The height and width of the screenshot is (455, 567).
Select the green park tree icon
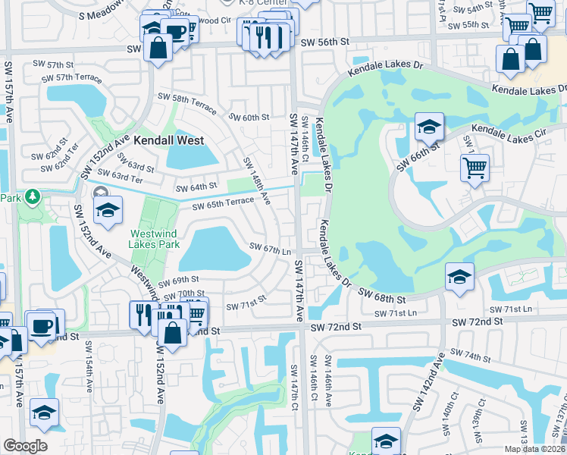coord(32,198)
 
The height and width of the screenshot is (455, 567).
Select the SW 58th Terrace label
coord(186,99)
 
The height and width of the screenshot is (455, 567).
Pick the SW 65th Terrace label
coord(223,206)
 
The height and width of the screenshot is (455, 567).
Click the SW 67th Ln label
coord(271,249)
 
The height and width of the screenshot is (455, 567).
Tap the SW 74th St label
coord(470,356)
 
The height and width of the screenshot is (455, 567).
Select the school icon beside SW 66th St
coord(429,128)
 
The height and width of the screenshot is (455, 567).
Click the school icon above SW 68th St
coord(459,278)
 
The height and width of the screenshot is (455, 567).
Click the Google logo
coord(24,446)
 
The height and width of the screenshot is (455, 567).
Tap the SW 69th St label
coord(180,280)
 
